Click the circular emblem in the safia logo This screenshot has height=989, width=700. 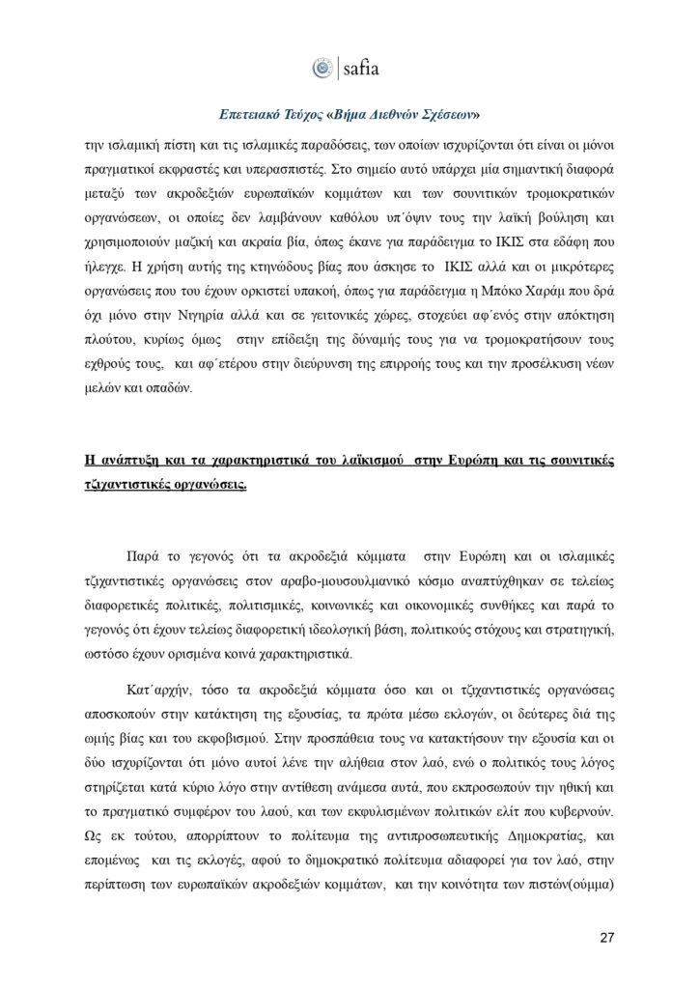click(322, 69)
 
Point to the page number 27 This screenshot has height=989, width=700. click(606, 937)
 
